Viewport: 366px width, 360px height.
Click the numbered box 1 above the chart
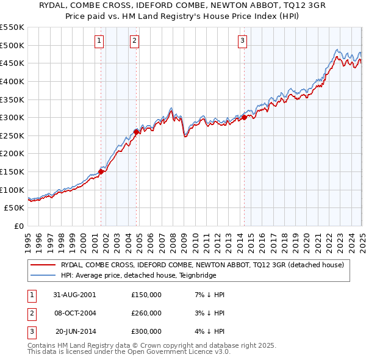99,41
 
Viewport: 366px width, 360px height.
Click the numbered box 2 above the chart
134,41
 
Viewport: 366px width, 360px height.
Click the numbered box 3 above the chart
242,41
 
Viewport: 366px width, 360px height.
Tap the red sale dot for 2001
101,171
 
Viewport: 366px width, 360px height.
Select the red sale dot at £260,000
136,131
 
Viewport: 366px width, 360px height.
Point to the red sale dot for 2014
244,117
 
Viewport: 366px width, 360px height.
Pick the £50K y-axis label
15,208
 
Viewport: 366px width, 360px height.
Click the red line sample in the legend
42,265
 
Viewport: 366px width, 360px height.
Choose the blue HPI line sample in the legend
42,275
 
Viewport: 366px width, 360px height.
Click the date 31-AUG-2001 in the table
74,295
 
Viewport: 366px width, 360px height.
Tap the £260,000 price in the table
146,313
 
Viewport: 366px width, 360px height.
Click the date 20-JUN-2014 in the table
75,331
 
